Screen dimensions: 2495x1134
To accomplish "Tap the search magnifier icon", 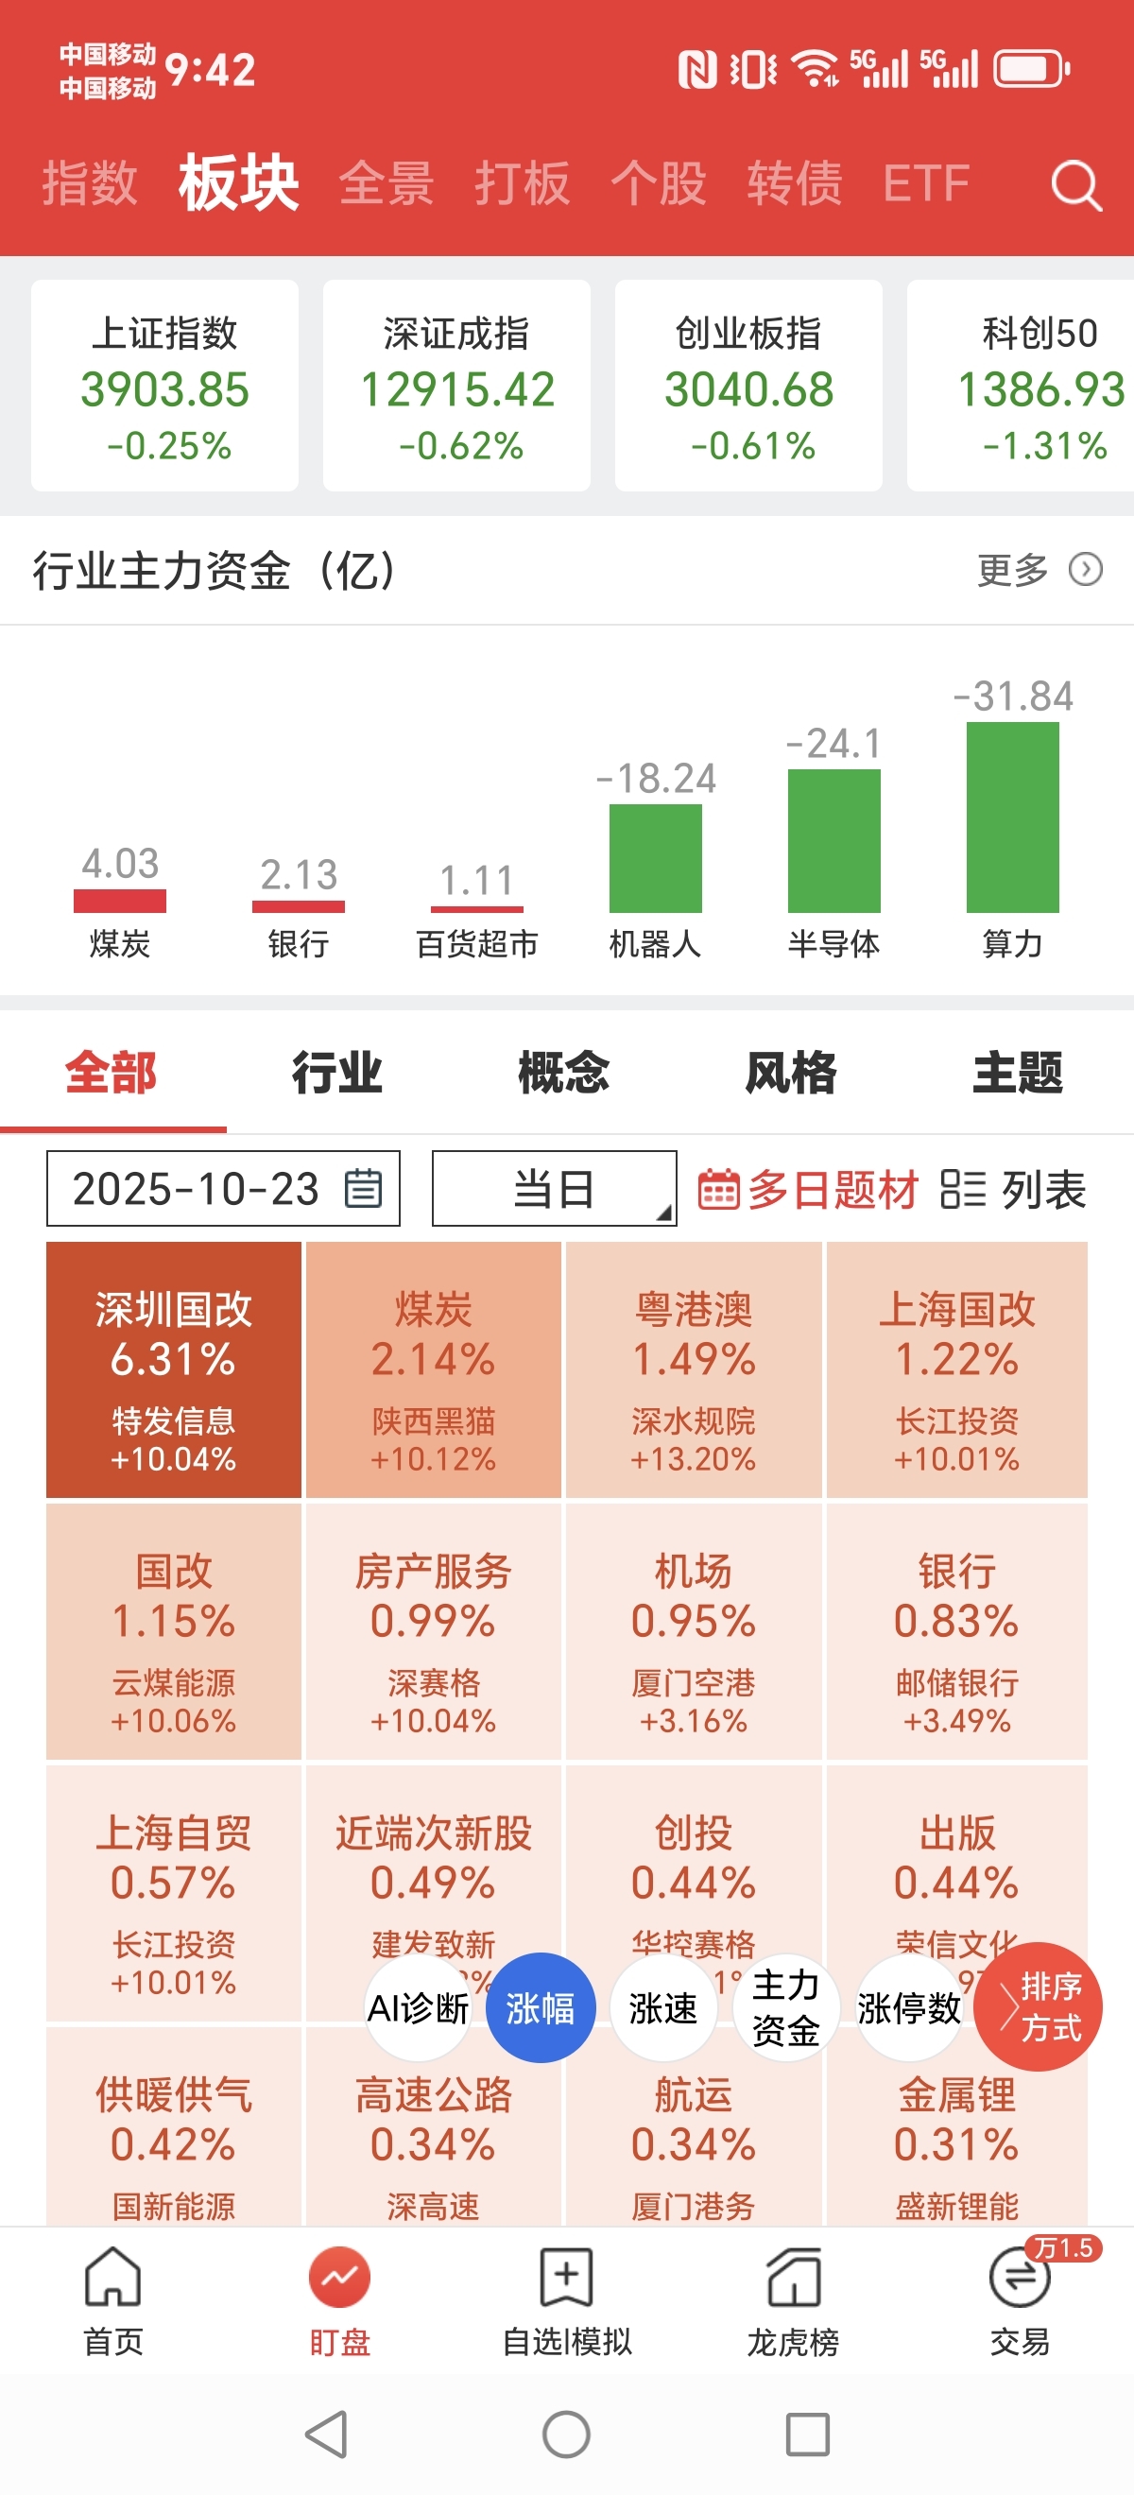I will (x=1076, y=185).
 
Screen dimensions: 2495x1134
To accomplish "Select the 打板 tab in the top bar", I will (x=521, y=183).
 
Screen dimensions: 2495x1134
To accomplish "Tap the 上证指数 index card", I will (x=164, y=386).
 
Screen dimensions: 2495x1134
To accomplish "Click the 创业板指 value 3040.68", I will (x=748, y=389).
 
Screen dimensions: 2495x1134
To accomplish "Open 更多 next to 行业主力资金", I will (x=1039, y=570).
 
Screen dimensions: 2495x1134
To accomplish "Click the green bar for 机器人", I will (x=655, y=858).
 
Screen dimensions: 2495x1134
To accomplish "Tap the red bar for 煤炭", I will (x=120, y=901).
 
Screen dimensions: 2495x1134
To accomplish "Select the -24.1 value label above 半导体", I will (x=833, y=744).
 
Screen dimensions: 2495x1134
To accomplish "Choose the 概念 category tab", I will (x=563, y=1073).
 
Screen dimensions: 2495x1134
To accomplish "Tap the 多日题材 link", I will (x=809, y=1190).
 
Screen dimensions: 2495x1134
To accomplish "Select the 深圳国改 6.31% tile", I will (x=174, y=1369).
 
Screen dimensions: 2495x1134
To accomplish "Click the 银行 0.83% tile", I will (x=955, y=1631).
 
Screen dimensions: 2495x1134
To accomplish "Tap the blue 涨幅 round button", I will (x=540, y=2008).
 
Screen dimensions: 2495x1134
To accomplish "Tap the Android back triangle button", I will (x=327, y=2434).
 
